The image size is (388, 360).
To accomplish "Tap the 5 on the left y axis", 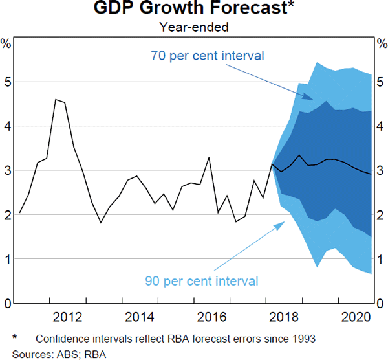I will point(7,82).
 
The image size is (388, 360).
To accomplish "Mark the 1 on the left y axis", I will point(7,259).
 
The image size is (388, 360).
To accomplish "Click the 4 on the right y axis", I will point(382,126).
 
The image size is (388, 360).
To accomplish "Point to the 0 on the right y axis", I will point(382,303).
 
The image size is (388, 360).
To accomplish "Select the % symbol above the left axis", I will point(6,44).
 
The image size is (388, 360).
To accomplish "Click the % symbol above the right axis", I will point(382,44).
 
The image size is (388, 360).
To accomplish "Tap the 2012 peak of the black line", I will point(56,100).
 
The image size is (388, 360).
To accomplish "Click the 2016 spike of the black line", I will point(208,158).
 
